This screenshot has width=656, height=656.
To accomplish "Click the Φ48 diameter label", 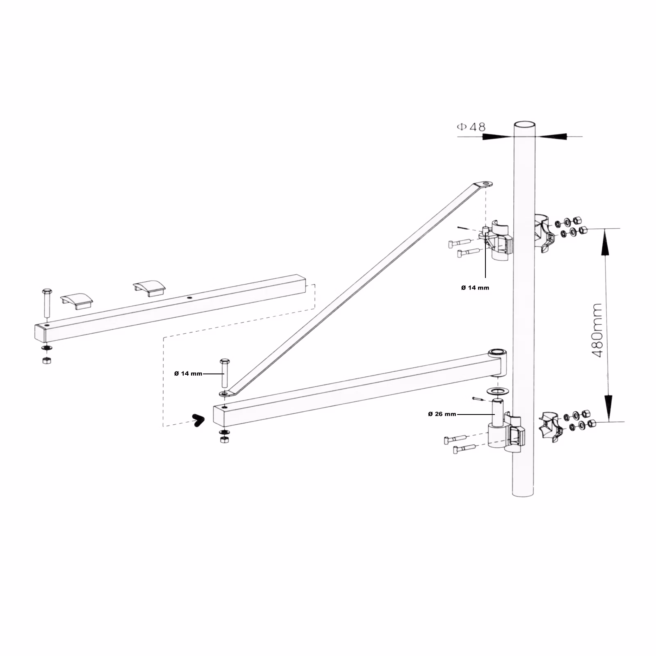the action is tap(471, 127).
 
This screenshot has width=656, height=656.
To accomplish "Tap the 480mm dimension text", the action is tap(598, 330).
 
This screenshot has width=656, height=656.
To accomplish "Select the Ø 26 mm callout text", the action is tap(442, 414).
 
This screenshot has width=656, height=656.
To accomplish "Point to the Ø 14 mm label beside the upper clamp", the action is tap(475, 288).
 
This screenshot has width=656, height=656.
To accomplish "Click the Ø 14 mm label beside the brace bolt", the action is tap(188, 374).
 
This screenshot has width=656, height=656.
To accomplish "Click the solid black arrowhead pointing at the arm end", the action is tap(198, 420).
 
